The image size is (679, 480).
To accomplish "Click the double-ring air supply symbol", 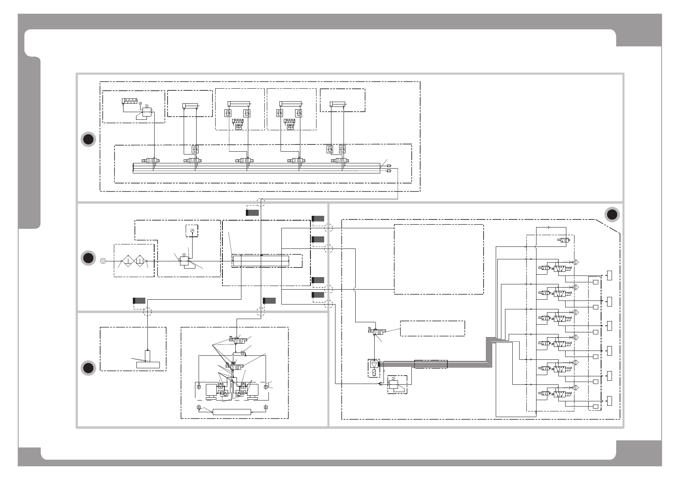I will tap(103, 261).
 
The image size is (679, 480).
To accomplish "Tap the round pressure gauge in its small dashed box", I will tap(191, 230).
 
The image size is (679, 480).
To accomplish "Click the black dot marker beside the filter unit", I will tap(88, 258).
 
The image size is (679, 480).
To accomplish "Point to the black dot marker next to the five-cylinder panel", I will tap(88, 139).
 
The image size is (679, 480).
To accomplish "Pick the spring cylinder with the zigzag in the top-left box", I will tap(130, 101).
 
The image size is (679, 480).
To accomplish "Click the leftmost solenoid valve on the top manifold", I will tap(151, 161).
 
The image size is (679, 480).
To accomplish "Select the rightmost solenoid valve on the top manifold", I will tap(341, 161).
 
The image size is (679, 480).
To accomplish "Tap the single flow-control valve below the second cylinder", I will tap(195, 149).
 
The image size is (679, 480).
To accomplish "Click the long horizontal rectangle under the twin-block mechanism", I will tap(232, 412).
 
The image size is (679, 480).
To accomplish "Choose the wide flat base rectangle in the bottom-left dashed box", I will tap(148, 365).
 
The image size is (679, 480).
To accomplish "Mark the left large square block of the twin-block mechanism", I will tap(212, 390).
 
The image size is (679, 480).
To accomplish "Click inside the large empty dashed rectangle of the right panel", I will tap(438, 259).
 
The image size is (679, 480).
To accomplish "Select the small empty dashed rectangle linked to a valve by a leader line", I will tap(432, 328).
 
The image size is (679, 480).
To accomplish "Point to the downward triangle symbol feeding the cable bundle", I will tap(374, 365).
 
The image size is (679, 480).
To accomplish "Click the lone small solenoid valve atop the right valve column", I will tap(564, 240).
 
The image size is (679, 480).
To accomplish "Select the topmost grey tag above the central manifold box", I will tap(252, 213).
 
